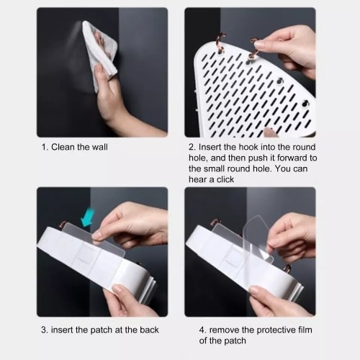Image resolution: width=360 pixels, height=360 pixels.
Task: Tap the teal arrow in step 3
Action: click(x=87, y=218)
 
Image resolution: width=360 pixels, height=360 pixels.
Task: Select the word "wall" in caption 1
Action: click(x=100, y=147)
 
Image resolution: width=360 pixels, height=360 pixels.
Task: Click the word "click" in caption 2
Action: click(x=225, y=179)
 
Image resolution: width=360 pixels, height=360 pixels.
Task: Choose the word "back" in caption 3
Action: click(x=149, y=330)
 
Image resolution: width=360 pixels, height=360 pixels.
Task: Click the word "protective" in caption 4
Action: click(x=269, y=330)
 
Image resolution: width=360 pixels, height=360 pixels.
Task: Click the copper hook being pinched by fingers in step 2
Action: click(x=253, y=49)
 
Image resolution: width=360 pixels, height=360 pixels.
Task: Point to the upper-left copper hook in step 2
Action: click(x=221, y=42)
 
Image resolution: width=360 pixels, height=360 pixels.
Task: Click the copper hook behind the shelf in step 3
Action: click(x=63, y=224)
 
